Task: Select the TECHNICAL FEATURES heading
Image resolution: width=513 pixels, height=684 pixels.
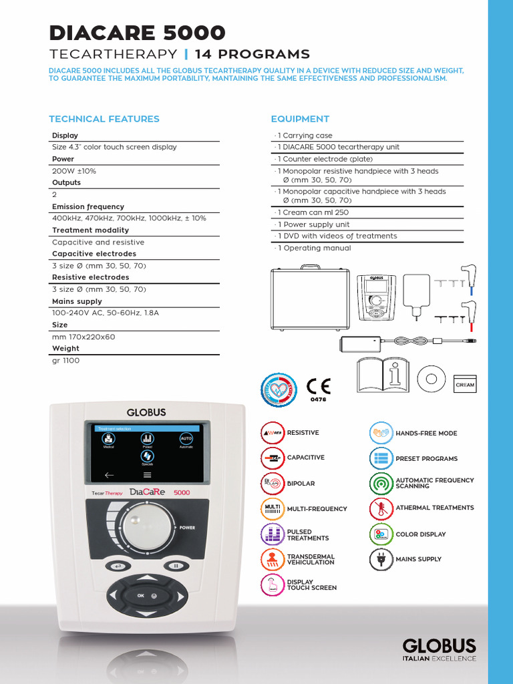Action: point(104,119)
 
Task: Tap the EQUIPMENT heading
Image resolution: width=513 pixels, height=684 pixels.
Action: point(300,119)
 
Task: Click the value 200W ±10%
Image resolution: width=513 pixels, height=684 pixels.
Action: point(74,171)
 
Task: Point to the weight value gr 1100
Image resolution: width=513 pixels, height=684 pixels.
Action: point(65,361)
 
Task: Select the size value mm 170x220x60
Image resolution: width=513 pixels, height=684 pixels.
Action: point(83,337)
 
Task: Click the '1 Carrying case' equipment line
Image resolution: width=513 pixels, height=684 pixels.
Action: point(304,136)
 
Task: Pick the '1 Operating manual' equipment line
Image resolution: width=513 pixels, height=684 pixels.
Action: point(313,248)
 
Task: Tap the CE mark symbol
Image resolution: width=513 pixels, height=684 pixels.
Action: point(318,386)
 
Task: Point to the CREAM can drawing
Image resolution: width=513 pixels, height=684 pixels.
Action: point(465,383)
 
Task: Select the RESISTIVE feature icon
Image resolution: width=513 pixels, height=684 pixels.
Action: point(272,433)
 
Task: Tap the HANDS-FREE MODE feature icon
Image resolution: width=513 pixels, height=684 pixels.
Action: point(381,433)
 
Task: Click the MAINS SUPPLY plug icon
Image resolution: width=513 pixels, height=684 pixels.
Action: point(381,559)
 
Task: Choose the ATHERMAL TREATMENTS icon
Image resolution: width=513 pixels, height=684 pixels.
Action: point(381,508)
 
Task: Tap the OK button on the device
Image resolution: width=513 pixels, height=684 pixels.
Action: point(140,594)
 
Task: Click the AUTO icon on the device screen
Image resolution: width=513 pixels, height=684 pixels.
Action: point(186,438)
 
